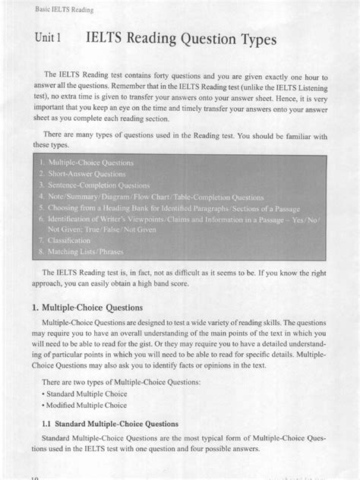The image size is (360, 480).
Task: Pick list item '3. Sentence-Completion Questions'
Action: tap(97, 185)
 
